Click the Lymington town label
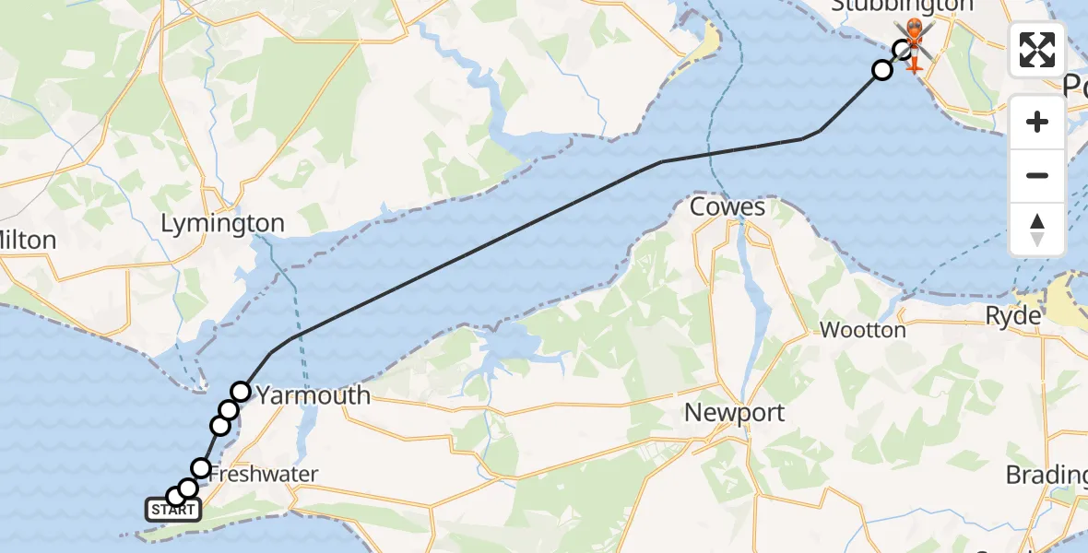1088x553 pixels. [x=222, y=223]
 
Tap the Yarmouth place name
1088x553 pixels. [x=313, y=395]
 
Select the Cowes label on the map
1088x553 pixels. [x=727, y=206]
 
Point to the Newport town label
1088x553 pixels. [x=734, y=412]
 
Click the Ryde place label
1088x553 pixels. [x=1013, y=315]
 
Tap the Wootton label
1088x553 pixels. [x=862, y=329]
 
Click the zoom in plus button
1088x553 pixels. [x=1037, y=123]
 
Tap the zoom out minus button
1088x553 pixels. [x=1037, y=175]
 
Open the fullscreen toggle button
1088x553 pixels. [x=1037, y=50]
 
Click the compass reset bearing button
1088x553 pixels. [x=1037, y=229]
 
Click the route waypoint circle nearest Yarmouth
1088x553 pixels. [x=240, y=392]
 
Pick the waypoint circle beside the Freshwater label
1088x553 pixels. [x=200, y=467]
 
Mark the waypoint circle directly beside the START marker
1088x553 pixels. [x=175, y=497]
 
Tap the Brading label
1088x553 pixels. [x=1047, y=475]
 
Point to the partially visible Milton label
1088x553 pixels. [x=28, y=241]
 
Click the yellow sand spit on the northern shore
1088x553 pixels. [x=707, y=41]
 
